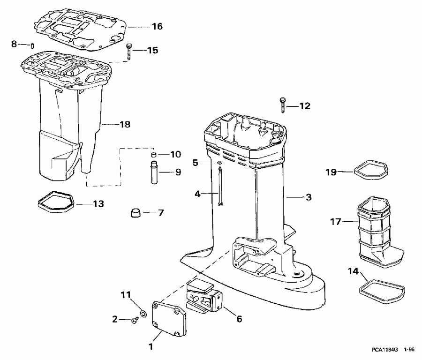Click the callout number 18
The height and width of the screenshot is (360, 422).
(124, 125)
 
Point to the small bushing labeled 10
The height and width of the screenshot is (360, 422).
(153, 155)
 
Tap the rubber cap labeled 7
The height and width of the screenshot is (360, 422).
(136, 214)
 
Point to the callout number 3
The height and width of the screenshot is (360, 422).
(308, 198)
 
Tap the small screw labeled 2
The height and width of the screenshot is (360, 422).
(135, 321)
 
